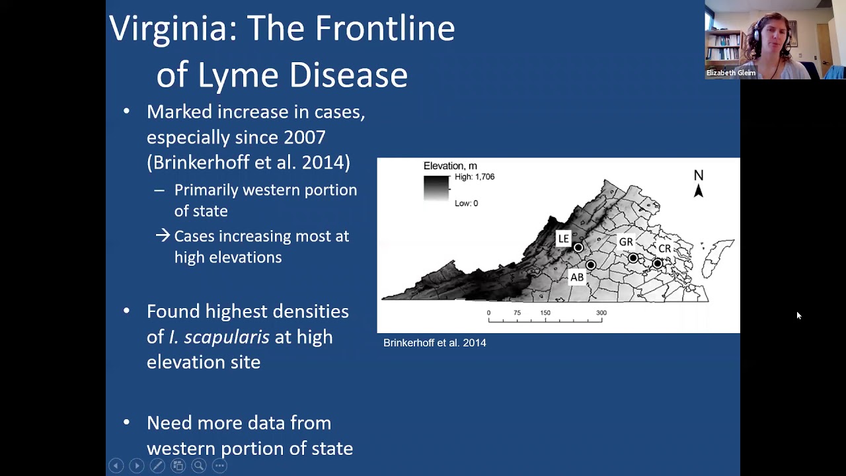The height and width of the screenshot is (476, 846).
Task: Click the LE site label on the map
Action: tap(563, 239)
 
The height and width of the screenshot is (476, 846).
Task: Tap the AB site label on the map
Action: tap(577, 278)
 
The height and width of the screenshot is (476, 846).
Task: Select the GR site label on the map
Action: tap(625, 243)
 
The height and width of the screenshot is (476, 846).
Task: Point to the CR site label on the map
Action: tap(664, 249)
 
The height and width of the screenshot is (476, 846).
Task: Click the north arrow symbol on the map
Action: tap(698, 190)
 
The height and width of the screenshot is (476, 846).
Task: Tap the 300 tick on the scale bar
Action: tap(601, 313)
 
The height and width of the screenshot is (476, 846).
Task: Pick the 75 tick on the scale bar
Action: tap(517, 313)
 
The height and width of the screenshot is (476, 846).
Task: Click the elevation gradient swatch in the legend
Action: tap(436, 188)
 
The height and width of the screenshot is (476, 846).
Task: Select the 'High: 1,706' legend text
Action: tap(475, 177)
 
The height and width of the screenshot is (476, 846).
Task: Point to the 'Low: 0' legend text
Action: tap(466, 204)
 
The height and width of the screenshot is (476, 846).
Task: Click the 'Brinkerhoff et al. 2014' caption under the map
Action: tap(434, 343)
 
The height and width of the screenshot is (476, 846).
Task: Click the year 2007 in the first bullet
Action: tap(304, 138)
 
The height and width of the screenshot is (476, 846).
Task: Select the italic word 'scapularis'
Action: tap(227, 337)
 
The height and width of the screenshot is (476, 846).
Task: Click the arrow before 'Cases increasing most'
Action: tap(163, 236)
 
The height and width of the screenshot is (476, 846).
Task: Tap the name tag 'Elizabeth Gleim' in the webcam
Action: tap(730, 73)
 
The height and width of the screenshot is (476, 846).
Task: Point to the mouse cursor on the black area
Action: tap(798, 316)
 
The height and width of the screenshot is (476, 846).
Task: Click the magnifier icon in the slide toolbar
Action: tap(198, 466)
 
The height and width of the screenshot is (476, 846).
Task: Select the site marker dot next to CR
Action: tap(657, 263)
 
